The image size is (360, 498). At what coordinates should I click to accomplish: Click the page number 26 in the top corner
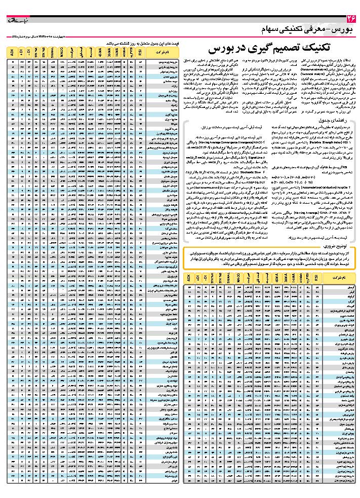350,19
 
